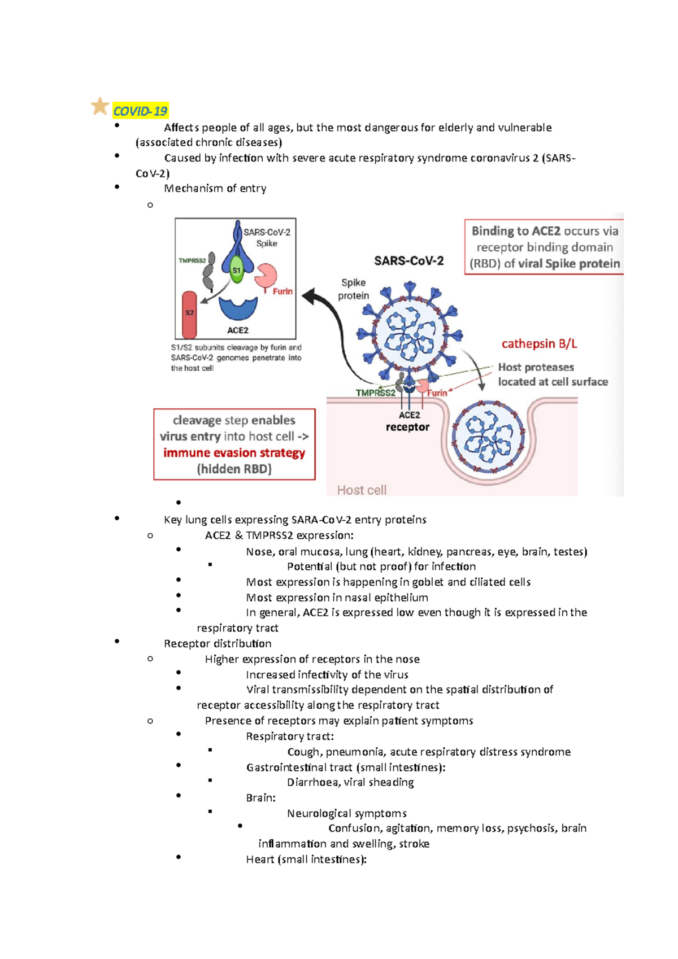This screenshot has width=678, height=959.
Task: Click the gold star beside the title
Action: (100, 106)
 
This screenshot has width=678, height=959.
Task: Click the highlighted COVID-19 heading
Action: (140, 111)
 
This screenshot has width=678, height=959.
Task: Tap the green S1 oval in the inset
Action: (237, 270)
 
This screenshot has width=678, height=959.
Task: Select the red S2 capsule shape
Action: (189, 315)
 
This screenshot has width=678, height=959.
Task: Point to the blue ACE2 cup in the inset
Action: (238, 308)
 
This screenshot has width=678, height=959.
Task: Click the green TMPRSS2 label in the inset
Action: (192, 261)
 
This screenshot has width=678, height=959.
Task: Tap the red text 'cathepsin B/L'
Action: (539, 344)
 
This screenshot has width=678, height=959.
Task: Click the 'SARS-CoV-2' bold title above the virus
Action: (408, 261)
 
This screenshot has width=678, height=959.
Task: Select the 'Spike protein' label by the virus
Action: (353, 289)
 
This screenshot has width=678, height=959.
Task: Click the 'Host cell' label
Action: (362, 490)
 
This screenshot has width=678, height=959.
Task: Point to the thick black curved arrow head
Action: (308, 296)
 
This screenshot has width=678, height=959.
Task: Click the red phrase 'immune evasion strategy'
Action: (234, 453)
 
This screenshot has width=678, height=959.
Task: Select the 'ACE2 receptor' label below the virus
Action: (408, 421)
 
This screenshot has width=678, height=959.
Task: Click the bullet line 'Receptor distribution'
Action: (218, 643)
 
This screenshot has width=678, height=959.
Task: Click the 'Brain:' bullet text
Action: (260, 797)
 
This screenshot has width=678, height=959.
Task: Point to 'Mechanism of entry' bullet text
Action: (215, 188)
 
